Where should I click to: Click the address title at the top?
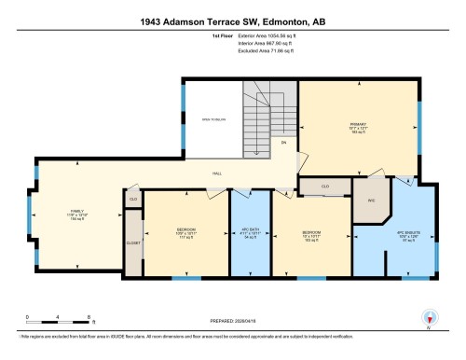pyautogui.click(x=233, y=21)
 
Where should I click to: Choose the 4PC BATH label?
pyautogui.click(x=250, y=233)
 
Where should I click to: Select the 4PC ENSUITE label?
pyautogui.click(x=404, y=235)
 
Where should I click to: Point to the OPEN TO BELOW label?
pyautogui.click(x=212, y=119)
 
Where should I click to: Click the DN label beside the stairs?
pyautogui.click(x=282, y=145)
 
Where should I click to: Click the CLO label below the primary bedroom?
pyautogui.click(x=324, y=186)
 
